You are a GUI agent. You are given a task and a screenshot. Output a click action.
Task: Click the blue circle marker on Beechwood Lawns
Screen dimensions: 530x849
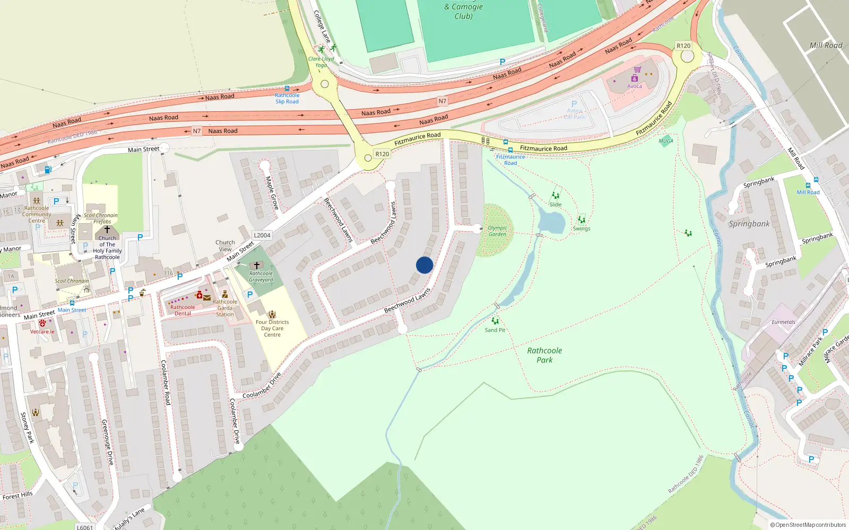pyautogui.click(x=424, y=265)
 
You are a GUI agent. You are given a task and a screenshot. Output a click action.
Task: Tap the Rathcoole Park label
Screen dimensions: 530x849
pyautogui.click(x=544, y=355)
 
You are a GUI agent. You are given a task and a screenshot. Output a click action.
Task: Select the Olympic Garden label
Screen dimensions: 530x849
pyautogui.click(x=497, y=231)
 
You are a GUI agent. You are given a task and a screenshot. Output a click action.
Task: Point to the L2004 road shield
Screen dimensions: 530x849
pyautogui.click(x=262, y=235)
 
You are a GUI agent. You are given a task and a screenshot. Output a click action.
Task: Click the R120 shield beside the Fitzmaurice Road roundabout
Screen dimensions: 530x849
pyautogui.click(x=382, y=154)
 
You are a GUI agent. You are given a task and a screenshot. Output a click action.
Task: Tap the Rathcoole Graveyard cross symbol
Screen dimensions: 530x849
pyautogui.click(x=257, y=265)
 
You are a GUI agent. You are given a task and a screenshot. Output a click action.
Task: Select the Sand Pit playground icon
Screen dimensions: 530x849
pyautogui.click(x=495, y=321)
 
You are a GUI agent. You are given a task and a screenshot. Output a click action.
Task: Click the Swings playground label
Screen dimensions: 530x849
pyautogui.click(x=582, y=229)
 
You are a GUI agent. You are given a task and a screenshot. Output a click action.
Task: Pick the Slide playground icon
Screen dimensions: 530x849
pyautogui.click(x=556, y=196)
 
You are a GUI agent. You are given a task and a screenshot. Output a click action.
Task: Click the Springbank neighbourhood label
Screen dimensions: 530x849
pyautogui.click(x=749, y=224)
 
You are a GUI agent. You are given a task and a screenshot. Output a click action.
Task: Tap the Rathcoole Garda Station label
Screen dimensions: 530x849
pyautogui.click(x=225, y=308)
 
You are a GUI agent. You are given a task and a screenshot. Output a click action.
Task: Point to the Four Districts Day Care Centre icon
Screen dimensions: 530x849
pyautogui.click(x=272, y=314)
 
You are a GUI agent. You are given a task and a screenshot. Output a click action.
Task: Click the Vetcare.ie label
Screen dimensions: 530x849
pyautogui.click(x=42, y=332)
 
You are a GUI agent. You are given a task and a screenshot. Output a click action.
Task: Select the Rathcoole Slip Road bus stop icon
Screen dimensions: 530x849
pyautogui.click(x=287, y=89)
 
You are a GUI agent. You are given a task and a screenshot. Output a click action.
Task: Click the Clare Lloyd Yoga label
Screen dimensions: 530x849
pyautogui.click(x=321, y=62)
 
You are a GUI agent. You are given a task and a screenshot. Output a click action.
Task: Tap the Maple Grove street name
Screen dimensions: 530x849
pyautogui.click(x=272, y=192)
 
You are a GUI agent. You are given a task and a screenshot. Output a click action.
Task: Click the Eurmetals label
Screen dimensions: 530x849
pyautogui.click(x=783, y=322)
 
